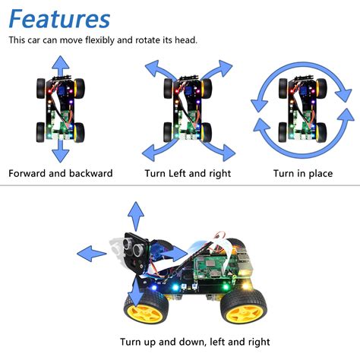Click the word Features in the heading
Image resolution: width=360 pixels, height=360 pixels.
coord(59,18)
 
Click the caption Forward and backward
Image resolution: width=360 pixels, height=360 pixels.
coord(61,173)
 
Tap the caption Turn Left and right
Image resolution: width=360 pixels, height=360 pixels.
coord(186,173)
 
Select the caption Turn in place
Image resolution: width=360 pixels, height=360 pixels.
coord(303,173)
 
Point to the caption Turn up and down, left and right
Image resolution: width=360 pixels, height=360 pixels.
coord(194,342)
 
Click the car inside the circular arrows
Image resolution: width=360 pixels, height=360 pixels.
coord(302,110)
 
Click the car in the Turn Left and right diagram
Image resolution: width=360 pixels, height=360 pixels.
coord(184,110)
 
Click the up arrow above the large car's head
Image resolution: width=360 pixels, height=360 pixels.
coord(135,216)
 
